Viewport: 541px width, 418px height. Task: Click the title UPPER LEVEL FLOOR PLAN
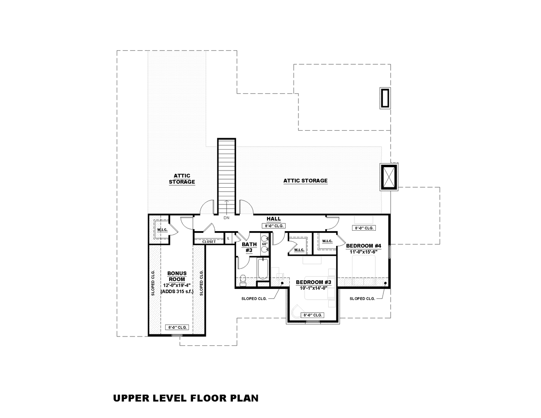(x=186, y=398)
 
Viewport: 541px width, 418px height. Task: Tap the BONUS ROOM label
(x=177, y=276)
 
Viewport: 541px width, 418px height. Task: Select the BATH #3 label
(x=249, y=247)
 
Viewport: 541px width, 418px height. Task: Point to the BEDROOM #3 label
(x=313, y=282)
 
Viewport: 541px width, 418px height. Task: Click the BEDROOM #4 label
(x=364, y=246)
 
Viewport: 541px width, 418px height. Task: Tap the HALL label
(x=273, y=219)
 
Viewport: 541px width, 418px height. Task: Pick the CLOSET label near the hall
(x=209, y=242)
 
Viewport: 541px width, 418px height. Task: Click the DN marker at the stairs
(x=226, y=218)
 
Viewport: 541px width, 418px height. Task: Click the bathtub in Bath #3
(x=262, y=268)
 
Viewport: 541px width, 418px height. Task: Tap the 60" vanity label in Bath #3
(x=265, y=244)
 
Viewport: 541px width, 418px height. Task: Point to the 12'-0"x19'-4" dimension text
(x=177, y=285)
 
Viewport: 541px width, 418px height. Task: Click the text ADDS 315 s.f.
(x=177, y=291)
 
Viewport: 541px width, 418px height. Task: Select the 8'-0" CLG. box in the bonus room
(x=177, y=327)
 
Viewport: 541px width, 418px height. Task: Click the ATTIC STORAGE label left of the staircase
(x=182, y=179)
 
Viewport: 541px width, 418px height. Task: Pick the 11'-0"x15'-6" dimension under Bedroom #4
(x=363, y=252)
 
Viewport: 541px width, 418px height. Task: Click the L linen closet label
(x=228, y=238)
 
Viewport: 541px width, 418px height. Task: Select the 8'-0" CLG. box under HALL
(x=273, y=226)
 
